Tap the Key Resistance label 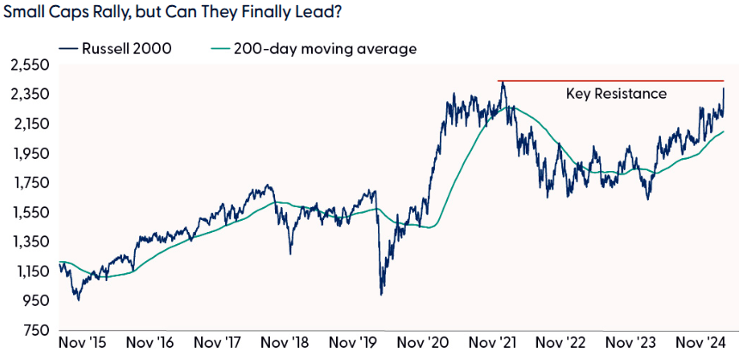616,93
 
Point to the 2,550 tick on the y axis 29,64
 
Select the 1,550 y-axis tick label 29,212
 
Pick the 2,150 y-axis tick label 29,124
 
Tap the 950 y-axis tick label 34,301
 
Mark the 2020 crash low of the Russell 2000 381,295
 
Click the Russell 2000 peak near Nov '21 502,82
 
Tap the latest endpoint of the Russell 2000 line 724,88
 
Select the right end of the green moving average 724,131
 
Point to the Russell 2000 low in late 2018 290,253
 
